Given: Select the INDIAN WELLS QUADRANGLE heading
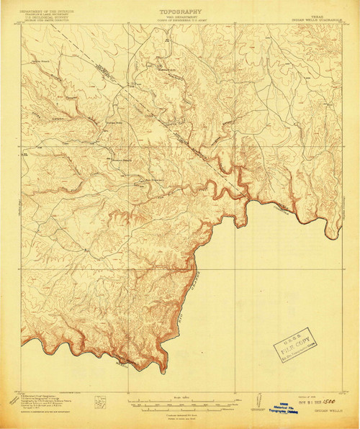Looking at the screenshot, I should tap(316, 17).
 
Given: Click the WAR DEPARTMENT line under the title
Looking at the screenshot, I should tap(180, 17).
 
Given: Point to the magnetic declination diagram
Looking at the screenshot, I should tap(258, 400).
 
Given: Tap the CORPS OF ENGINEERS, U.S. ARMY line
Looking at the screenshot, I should tap(180, 22).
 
